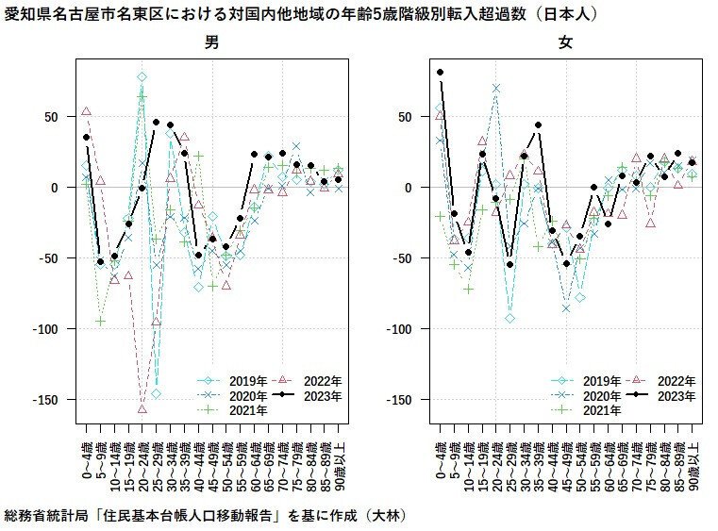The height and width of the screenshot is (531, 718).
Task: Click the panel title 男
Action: click(211, 42)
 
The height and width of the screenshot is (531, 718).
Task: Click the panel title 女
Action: click(565, 42)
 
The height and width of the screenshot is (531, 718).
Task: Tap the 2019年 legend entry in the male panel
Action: click(232, 381)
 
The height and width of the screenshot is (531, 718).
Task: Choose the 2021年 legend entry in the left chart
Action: click(232, 410)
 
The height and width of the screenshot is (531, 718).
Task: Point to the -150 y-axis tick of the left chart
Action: click(46, 400)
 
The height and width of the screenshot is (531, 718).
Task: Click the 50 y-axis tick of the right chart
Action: click(405, 117)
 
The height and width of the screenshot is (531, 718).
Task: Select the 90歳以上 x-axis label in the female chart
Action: click(693, 466)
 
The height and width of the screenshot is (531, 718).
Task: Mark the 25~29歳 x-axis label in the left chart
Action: click(157, 466)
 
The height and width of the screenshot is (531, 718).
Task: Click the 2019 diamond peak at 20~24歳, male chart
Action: click(142, 77)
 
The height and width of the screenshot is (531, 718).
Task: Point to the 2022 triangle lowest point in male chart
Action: click(142, 408)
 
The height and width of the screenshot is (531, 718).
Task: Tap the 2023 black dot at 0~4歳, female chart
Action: click(440, 72)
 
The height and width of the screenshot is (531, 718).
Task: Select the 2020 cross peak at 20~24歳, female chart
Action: click(496, 89)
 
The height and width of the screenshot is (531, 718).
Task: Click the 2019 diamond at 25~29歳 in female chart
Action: click(510, 318)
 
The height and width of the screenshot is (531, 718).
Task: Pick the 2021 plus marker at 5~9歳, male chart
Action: click(101, 322)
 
